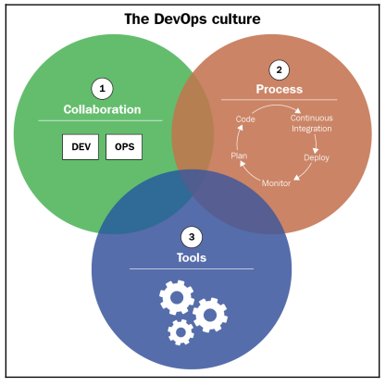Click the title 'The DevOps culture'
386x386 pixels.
(193, 19)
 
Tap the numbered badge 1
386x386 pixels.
(102, 89)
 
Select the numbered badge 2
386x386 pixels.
(280, 70)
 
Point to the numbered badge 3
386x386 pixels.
(192, 237)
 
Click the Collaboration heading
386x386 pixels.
(102, 109)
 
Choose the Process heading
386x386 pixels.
(280, 89)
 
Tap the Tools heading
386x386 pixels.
(192, 257)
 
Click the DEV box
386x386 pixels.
(81, 147)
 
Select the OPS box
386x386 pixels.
(124, 147)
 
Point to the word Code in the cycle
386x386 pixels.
(245, 119)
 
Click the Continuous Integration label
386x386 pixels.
(312, 123)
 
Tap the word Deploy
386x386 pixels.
(317, 157)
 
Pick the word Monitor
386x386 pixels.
(276, 183)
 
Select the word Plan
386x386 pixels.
(239, 156)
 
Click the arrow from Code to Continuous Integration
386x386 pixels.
(276, 106)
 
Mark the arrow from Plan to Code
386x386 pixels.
(237, 138)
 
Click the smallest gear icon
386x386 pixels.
(181, 332)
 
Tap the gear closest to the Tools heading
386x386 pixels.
(177, 297)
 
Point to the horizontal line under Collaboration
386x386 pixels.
(100, 120)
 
